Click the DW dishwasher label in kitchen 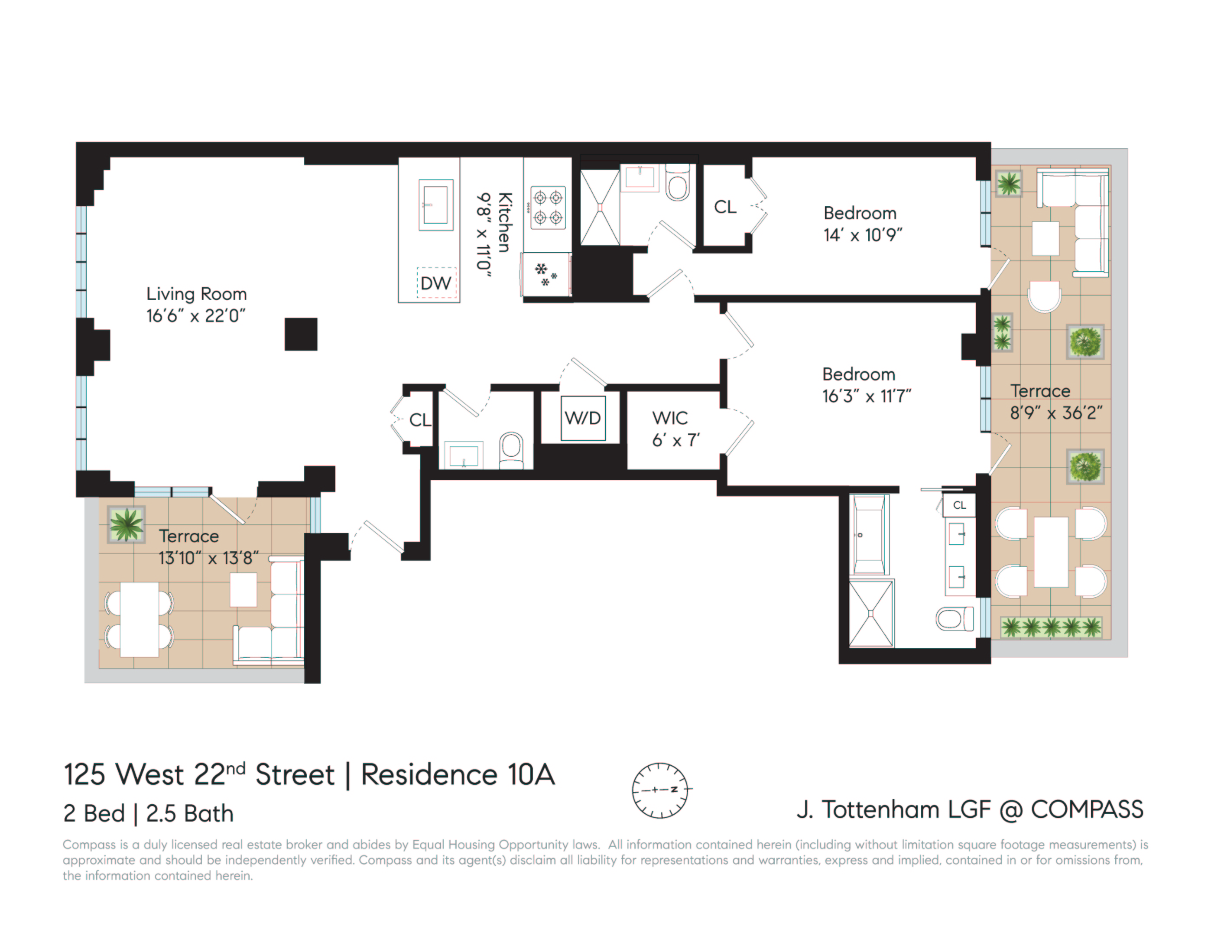(x=436, y=283)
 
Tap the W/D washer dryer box (x=583, y=418)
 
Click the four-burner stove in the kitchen (x=548, y=208)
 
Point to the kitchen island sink (x=436, y=205)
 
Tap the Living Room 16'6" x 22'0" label (x=196, y=305)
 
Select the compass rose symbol (x=660, y=790)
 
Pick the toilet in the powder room (x=511, y=450)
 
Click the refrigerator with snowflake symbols (x=547, y=274)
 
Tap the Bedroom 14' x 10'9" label (x=862, y=224)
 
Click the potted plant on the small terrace (x=127, y=524)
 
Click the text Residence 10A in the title (x=458, y=775)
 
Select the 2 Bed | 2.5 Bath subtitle (x=149, y=813)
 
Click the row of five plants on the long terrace (x=1051, y=627)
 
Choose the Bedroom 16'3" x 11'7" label (x=866, y=385)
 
